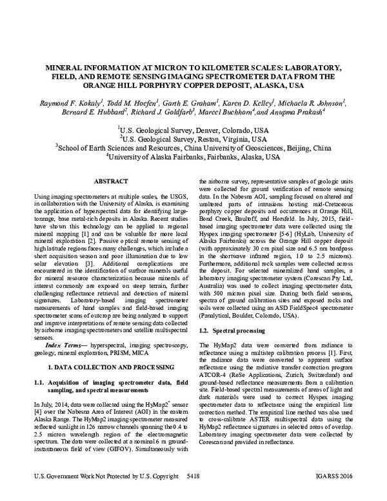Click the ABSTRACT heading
pyautogui.click(x=112, y=183)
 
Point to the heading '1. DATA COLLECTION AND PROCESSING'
pyautogui.click(x=113, y=367)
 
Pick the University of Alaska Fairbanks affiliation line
pyautogui.click(x=193, y=156)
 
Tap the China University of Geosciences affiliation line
pyautogui.click(x=193, y=147)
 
